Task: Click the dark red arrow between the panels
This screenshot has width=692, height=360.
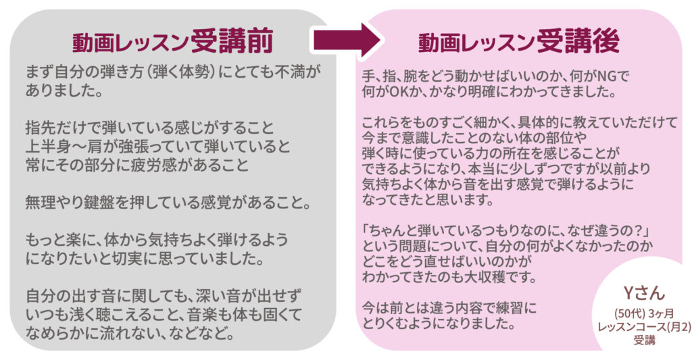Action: pyautogui.click(x=347, y=40)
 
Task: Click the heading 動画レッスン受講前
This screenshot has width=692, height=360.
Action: pyautogui.click(x=173, y=42)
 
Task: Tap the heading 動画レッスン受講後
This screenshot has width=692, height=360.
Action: pyautogui.click(x=518, y=42)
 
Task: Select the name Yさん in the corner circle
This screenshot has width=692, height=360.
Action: pyautogui.click(x=644, y=293)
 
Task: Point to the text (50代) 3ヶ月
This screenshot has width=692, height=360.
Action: pyautogui.click(x=644, y=313)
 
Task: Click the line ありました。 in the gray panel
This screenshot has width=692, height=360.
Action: pyautogui.click(x=64, y=91)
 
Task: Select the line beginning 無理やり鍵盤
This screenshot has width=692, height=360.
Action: pyautogui.click(x=168, y=203)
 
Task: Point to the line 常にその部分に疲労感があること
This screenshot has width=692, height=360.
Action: pyautogui.click(x=137, y=165)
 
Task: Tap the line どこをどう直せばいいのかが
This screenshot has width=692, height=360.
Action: pyautogui.click(x=447, y=261)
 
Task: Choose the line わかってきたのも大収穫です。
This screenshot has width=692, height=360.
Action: pyautogui.click(x=449, y=277)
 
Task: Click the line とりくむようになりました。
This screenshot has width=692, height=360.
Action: pyautogui.click(x=439, y=324)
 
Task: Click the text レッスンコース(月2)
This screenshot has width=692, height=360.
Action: pyautogui.click(x=644, y=327)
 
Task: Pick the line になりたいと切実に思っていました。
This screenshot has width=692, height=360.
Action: pyautogui.click(x=145, y=259)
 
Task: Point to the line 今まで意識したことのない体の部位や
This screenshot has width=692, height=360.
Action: pyautogui.click(x=474, y=138)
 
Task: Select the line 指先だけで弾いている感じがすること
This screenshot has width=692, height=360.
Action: pyautogui.click(x=150, y=128)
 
